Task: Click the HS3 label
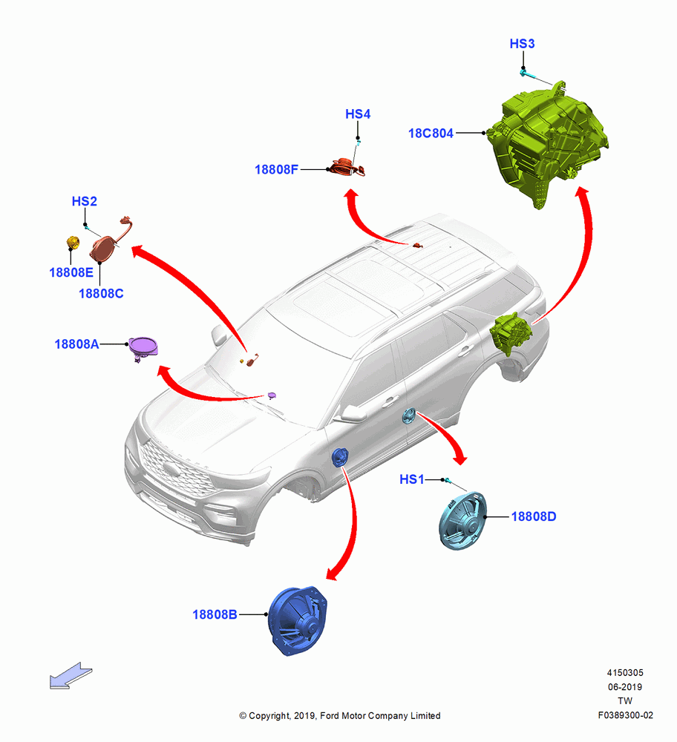[522, 44]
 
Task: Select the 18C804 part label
[431, 134]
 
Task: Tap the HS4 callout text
[358, 114]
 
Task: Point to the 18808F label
[276, 169]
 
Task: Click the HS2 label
[85, 201]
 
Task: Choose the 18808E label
[71, 272]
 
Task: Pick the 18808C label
[101, 294]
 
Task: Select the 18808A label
[76, 344]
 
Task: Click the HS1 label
[412, 479]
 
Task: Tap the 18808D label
[534, 516]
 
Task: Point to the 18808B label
[215, 614]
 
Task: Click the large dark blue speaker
[298, 621]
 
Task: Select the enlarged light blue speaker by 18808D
[462, 521]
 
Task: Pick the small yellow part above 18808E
[73, 243]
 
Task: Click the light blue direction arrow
[71, 675]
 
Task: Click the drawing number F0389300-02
[625, 715]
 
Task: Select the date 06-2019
[625, 687]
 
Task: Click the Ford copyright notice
[340, 716]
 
